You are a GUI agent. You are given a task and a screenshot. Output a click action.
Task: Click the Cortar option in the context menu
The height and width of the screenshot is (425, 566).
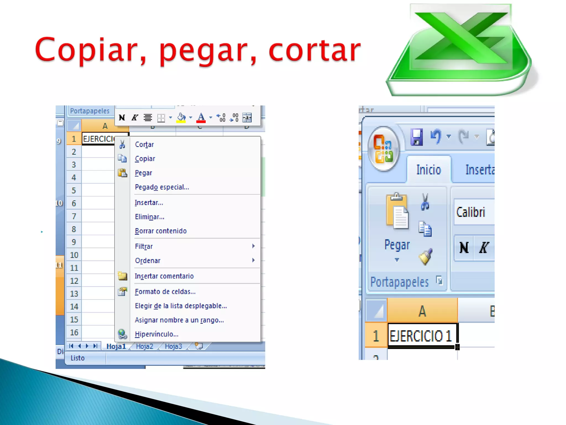[144, 144]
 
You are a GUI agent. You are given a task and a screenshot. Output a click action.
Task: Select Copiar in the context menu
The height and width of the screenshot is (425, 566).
[145, 159]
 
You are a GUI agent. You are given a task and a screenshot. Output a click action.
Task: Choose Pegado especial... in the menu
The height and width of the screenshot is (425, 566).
[162, 187]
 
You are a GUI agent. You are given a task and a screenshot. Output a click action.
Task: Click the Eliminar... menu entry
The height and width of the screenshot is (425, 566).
[149, 217]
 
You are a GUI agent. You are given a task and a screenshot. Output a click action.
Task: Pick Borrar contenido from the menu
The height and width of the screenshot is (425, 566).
[161, 231]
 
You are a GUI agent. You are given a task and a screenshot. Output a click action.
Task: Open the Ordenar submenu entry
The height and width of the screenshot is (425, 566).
[148, 261]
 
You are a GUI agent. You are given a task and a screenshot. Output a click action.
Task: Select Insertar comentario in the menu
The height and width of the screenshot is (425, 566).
[164, 276]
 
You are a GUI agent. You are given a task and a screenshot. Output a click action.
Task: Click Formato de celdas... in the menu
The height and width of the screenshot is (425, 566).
[165, 292]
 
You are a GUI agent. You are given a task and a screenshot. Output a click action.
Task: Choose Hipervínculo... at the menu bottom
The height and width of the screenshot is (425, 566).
[156, 334]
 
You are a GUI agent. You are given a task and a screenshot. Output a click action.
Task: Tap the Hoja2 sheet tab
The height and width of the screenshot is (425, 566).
[144, 346]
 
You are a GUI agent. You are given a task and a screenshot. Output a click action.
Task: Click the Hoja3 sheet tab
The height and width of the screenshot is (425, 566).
[173, 346]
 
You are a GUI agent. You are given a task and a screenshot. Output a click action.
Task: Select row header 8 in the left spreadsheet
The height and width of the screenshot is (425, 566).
[74, 229]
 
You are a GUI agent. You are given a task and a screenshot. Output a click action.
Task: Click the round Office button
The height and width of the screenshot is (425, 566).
[384, 149]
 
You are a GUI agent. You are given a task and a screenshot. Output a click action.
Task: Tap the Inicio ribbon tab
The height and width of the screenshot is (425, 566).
[428, 170]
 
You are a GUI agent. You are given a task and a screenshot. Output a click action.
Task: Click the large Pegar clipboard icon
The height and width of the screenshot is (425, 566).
[397, 212]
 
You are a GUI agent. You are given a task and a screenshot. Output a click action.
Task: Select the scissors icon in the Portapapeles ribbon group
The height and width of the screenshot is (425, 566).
[425, 202]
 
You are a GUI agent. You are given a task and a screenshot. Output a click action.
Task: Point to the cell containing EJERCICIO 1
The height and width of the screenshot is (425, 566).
[422, 336]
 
